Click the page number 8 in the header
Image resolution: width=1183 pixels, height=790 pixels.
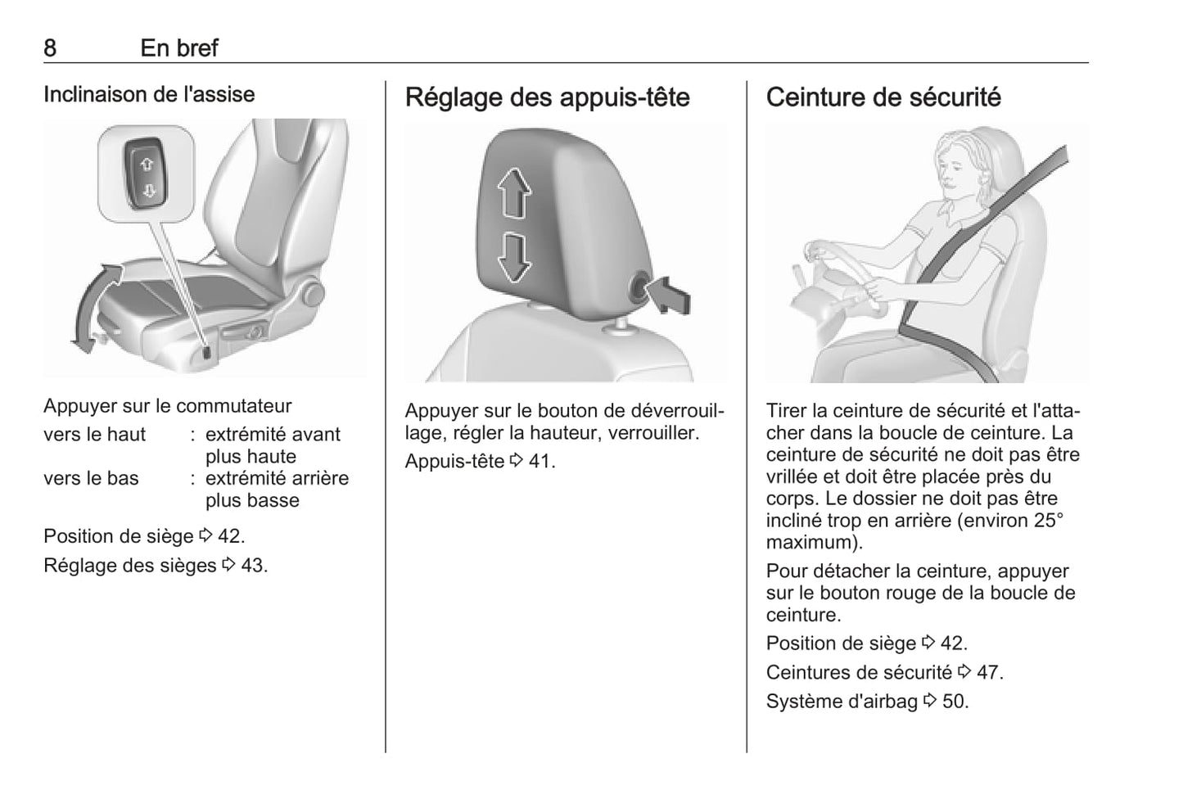(x=50, y=48)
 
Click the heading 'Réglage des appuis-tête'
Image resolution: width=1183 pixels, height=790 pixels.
(x=547, y=97)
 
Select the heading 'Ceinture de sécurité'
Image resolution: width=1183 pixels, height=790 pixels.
(x=883, y=97)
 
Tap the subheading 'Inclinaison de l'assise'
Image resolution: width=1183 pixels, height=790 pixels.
(x=149, y=94)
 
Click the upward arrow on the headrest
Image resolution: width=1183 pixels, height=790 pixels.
(x=514, y=193)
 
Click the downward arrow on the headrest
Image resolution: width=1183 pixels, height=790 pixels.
(x=514, y=258)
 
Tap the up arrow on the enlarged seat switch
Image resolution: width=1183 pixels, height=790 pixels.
(x=147, y=165)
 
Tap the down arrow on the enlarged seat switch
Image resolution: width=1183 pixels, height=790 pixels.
(x=148, y=190)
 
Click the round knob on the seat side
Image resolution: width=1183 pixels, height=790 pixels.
(x=314, y=294)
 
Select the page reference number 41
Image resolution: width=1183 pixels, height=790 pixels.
(x=540, y=462)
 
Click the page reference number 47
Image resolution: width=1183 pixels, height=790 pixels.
(x=987, y=673)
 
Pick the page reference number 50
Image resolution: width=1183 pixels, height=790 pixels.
(x=954, y=702)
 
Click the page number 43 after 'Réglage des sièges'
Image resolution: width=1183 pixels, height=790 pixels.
(x=252, y=566)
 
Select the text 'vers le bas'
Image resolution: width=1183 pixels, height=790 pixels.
(x=91, y=478)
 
